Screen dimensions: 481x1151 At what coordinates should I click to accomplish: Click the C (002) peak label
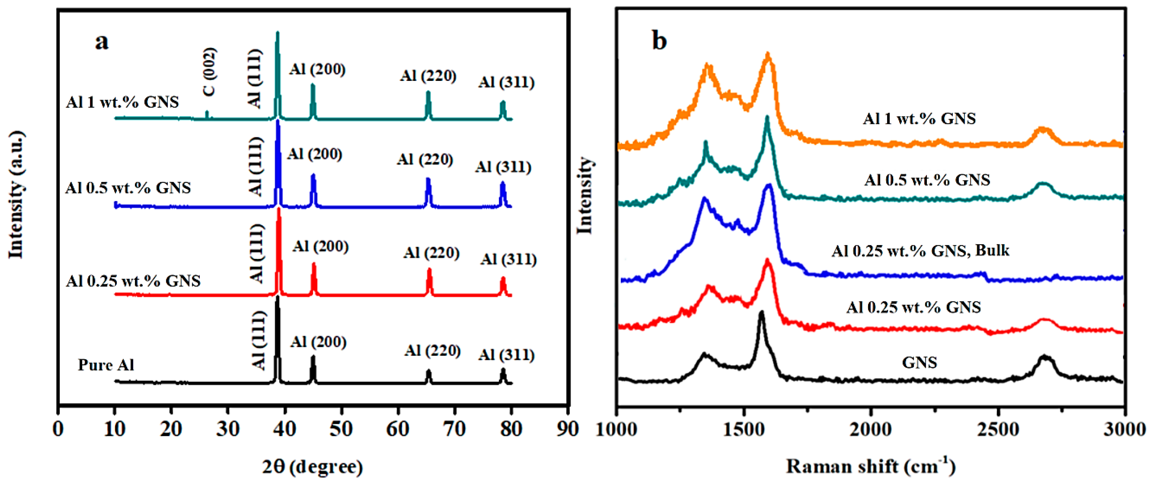coord(209,72)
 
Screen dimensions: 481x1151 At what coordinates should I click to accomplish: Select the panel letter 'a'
coord(102,42)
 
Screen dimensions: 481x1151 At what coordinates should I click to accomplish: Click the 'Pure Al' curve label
coord(106,365)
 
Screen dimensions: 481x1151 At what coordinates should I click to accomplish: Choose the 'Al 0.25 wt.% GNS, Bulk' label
coord(920,250)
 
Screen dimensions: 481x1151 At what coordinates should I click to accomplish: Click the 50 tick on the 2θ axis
coord(341,429)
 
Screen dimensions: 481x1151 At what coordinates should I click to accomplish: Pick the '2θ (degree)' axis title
coord(312,466)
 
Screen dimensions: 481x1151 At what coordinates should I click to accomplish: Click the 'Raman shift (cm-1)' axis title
coord(870,465)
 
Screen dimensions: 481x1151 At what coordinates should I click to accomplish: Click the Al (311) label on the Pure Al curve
coord(506,355)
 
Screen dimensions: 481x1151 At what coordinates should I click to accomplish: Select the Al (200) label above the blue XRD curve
coord(314,154)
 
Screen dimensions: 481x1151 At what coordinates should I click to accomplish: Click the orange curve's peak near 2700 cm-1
coord(1043,129)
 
